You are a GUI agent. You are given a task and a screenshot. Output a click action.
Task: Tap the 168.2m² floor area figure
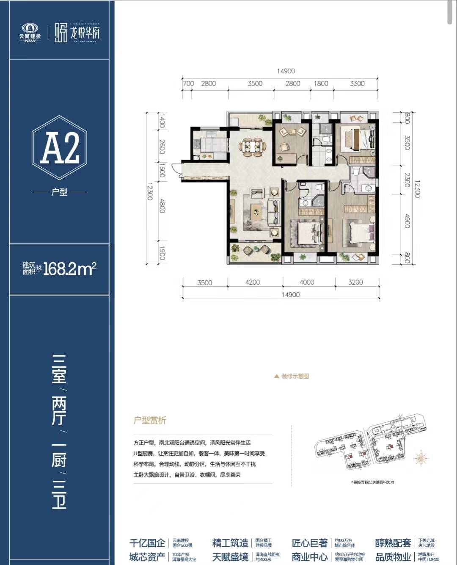69,269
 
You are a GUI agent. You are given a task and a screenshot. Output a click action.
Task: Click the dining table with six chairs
253,146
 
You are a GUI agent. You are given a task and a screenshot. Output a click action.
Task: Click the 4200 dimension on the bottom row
252,282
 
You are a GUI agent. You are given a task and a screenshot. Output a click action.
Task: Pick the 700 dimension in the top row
188,83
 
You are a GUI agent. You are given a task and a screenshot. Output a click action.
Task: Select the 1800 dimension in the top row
321,83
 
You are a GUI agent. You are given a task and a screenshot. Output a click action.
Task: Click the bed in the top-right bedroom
358,138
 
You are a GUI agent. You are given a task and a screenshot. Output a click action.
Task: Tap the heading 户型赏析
150,421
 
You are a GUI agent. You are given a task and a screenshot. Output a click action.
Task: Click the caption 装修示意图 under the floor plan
295,376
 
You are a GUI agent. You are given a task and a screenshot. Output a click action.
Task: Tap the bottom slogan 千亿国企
147,543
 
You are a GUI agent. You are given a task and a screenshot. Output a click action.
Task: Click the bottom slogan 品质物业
393,557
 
